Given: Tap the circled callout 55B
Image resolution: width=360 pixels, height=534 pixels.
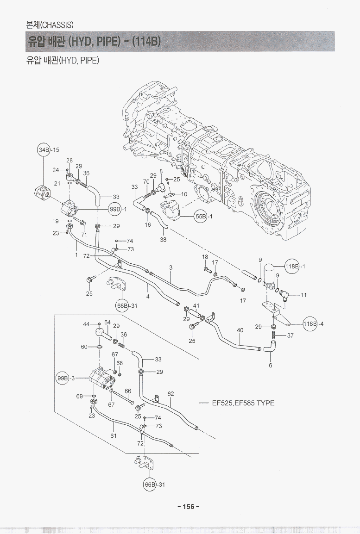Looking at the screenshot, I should click(200, 216).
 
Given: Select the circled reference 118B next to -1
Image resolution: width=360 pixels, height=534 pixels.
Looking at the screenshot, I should click(292, 267).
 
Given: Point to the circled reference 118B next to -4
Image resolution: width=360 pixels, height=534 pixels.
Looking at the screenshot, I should click(310, 323).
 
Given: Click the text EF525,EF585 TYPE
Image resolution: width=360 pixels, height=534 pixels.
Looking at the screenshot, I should click(243, 403).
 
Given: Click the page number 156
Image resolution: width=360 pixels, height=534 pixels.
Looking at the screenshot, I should click(188, 506).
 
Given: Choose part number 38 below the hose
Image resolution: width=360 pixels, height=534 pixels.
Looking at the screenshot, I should click(163, 240).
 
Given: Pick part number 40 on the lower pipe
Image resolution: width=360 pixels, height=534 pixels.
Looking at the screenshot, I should click(240, 330).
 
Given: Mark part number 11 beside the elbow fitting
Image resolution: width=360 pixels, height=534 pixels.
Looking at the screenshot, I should click(303, 294).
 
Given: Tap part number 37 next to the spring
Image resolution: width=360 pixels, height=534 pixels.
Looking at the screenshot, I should click(291, 335).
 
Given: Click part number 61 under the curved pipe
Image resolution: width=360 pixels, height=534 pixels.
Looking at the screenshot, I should click(114, 435).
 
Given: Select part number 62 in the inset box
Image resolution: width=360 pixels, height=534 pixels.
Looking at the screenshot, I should click(171, 394).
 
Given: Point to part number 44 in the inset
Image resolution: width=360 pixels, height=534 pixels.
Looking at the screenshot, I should click(86, 324).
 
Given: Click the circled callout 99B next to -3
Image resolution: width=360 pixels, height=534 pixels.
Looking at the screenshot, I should click(62, 378).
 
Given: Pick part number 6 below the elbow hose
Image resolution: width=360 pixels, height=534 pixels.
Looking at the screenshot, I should click(271, 365).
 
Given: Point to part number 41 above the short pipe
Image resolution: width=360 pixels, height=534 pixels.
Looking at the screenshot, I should click(196, 305).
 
